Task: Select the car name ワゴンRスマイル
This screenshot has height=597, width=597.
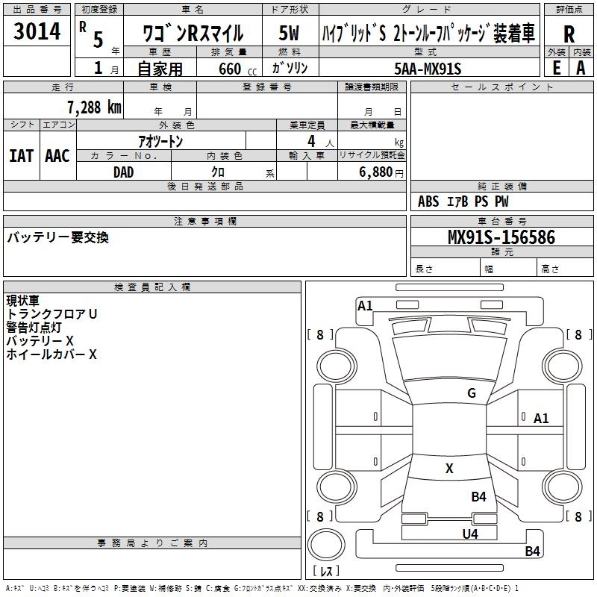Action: [193, 34]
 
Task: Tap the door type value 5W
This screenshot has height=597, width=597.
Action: [289, 33]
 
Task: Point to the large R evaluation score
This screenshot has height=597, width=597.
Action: [569, 34]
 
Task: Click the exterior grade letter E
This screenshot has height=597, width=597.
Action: [556, 67]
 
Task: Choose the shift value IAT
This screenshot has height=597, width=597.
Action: [21, 156]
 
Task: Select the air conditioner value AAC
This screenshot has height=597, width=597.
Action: [57, 156]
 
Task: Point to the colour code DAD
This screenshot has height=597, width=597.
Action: [124, 172]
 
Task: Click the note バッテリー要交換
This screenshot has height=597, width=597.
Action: [57, 237]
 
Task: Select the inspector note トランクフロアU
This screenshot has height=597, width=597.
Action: [51, 314]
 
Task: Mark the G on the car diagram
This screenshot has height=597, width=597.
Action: [471, 393]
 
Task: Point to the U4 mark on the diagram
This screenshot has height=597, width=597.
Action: [469, 534]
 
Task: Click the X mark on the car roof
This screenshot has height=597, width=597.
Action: [449, 469]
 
